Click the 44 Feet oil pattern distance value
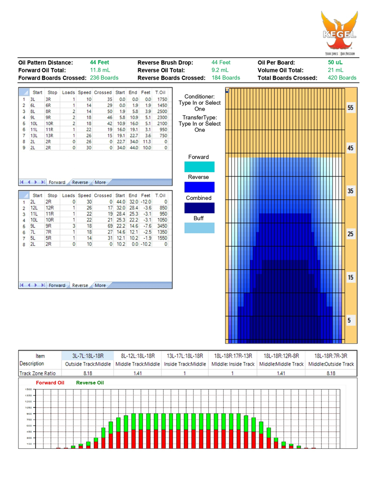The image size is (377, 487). [99, 62]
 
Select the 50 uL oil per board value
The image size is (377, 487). [335, 62]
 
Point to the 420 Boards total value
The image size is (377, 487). [342, 77]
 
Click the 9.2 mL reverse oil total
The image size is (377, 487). [220, 70]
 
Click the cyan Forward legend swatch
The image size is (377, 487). [199, 167]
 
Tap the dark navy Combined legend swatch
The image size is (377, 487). [199, 208]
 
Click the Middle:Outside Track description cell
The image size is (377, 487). [331, 364]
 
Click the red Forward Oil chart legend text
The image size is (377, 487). [50, 383]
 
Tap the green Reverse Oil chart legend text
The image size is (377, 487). [90, 383]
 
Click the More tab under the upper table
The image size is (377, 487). [100, 182]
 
